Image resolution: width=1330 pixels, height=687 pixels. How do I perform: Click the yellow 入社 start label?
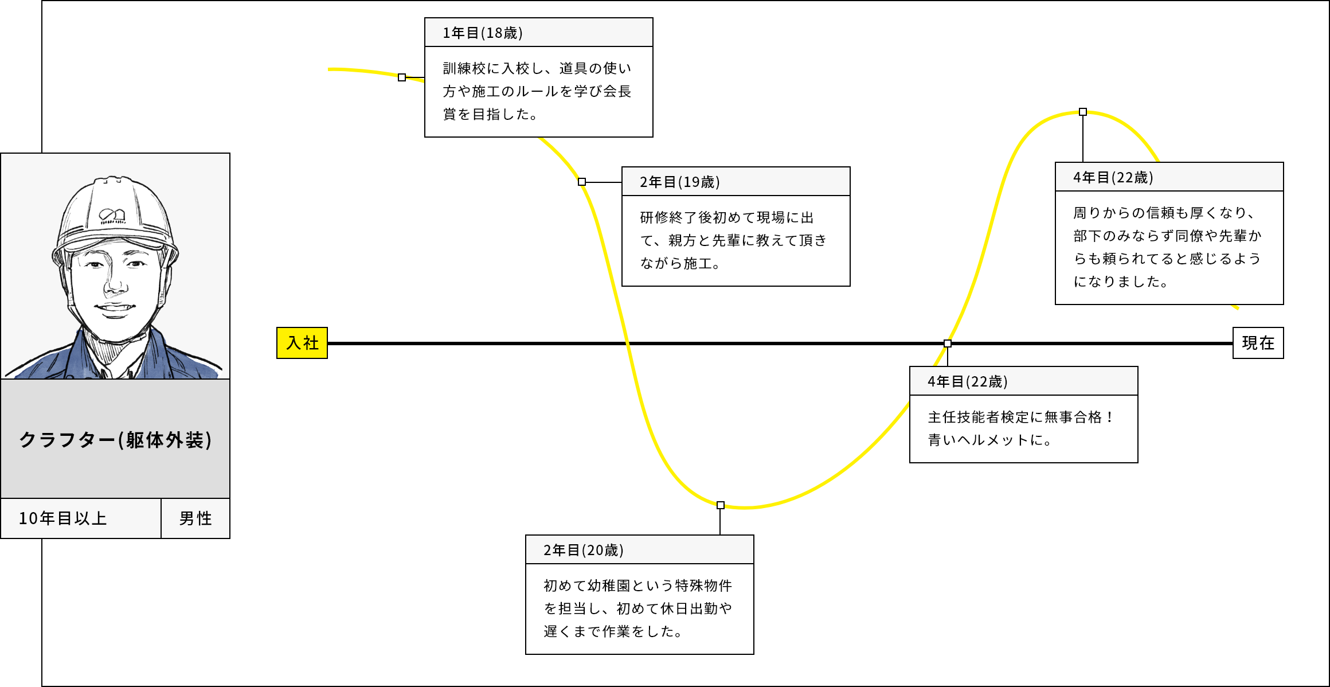[x=302, y=343]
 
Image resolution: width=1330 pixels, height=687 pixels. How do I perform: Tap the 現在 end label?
[x=1258, y=343]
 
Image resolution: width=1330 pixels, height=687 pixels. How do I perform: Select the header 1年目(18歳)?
[x=483, y=33]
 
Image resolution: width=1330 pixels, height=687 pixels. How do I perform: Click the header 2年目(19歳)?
[x=680, y=182]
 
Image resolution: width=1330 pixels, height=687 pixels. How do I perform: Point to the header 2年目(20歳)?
[x=584, y=551]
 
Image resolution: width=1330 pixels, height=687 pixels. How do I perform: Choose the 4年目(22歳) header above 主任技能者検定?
[x=968, y=382]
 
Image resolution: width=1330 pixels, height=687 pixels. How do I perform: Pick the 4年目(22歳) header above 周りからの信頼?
[x=1113, y=178]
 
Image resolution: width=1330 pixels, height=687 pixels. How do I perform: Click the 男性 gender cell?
[x=195, y=518]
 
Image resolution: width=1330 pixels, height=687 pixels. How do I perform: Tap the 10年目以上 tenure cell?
[x=81, y=518]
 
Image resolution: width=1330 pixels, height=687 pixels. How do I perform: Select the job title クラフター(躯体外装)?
[x=115, y=440]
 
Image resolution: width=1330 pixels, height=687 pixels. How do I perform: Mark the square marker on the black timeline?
[x=948, y=343]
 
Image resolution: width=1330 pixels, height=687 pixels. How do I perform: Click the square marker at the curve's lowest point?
[x=721, y=505]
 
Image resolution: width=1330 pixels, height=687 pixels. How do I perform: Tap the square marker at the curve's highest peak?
[x=1083, y=112]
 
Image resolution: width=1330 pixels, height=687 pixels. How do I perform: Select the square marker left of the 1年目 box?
[x=402, y=77]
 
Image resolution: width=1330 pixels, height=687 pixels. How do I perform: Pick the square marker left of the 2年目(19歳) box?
[x=582, y=182]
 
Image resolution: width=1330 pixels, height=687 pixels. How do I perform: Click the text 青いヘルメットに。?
[x=990, y=440]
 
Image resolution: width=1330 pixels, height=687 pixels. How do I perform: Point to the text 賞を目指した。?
[x=491, y=115]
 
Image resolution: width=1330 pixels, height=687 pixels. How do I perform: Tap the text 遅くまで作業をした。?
[x=613, y=632]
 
